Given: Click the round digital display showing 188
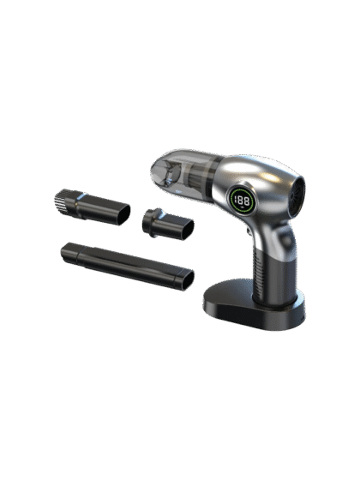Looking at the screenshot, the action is pyautogui.click(x=242, y=201).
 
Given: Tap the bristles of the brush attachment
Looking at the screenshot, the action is pyautogui.click(x=61, y=201).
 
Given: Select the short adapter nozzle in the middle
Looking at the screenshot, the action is pyautogui.click(x=168, y=224).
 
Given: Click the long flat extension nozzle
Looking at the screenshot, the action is pyautogui.click(x=128, y=266).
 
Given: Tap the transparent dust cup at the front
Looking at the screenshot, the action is pyautogui.click(x=183, y=173).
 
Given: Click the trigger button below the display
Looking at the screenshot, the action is pyautogui.click(x=249, y=231).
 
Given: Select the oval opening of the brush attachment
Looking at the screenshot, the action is pyautogui.click(x=123, y=214).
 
